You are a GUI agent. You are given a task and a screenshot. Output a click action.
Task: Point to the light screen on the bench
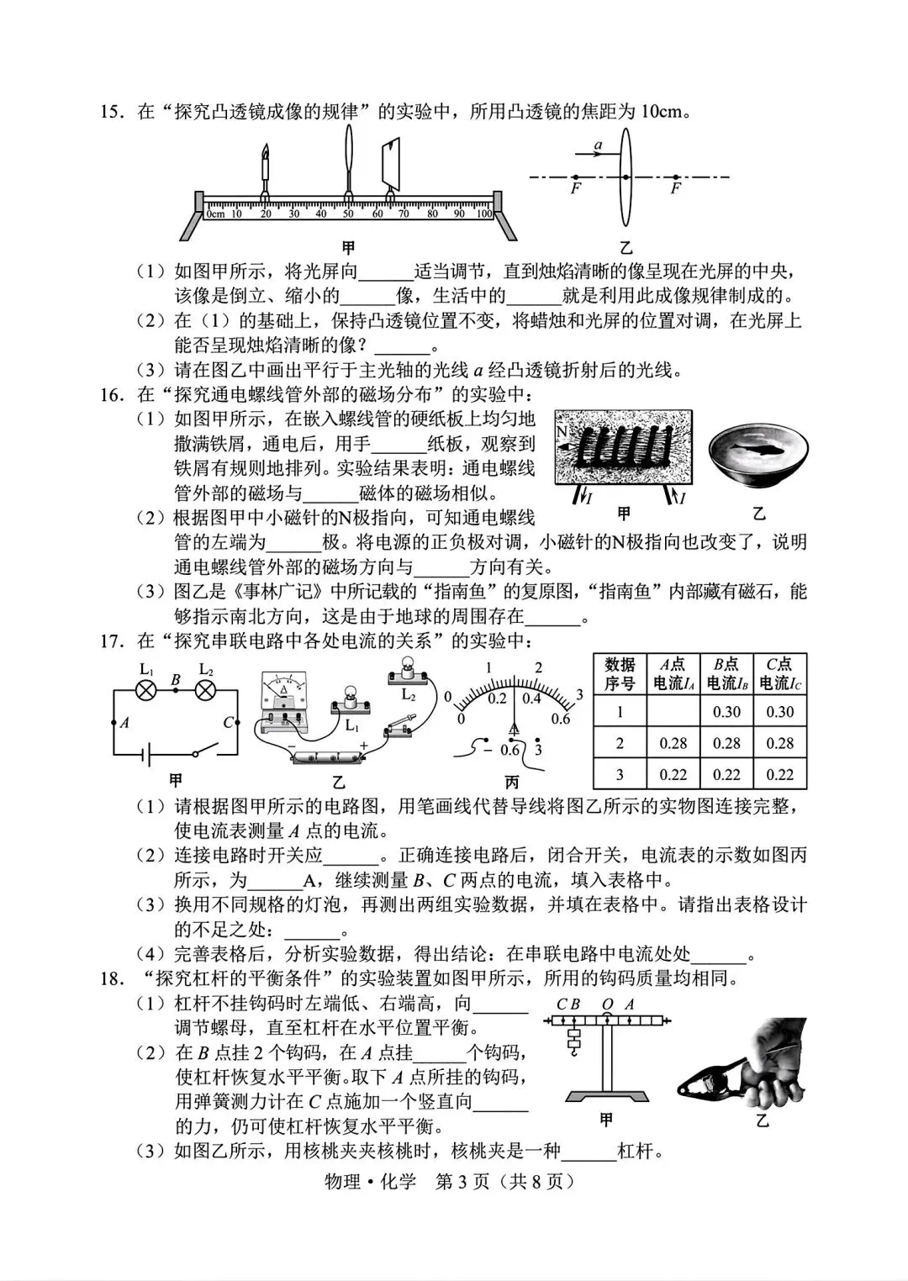click(389, 164)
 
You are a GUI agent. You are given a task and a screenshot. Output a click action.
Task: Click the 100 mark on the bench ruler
click(483, 214)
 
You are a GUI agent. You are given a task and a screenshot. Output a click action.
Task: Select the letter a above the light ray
click(598, 145)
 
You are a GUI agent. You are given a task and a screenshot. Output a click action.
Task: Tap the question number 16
click(112, 394)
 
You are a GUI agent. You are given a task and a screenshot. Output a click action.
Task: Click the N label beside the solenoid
click(562, 430)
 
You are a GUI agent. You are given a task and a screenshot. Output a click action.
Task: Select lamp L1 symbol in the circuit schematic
click(146, 690)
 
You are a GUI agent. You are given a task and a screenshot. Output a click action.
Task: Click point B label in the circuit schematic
click(175, 679)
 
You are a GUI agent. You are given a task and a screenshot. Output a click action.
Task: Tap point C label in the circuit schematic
click(228, 722)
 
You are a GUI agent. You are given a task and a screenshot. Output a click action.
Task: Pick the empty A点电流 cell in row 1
click(673, 712)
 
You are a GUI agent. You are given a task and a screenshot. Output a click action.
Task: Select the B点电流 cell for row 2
click(726, 743)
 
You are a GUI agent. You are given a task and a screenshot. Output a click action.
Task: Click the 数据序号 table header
click(620, 674)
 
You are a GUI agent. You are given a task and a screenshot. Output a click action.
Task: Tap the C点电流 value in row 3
click(779, 774)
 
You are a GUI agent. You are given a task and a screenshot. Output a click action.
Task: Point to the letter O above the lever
click(607, 1004)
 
